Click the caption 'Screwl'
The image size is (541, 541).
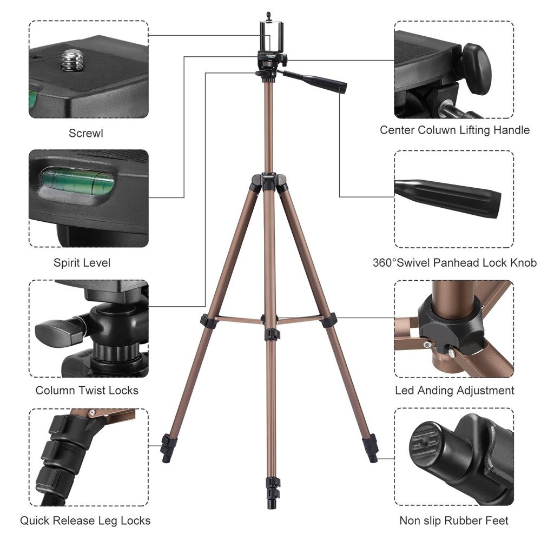pos(85,133)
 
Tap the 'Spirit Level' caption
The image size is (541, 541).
pos(82,263)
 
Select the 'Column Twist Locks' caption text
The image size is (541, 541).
pos(87,391)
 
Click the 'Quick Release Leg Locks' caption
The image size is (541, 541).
pos(85,521)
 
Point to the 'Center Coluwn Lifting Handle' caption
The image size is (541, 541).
pos(454,130)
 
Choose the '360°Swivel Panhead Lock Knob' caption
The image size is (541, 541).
pos(454,263)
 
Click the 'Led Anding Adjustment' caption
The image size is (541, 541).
pos(454,391)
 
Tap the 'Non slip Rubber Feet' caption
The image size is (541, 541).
pos(454,521)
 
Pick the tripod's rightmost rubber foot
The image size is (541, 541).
pos(371,448)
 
